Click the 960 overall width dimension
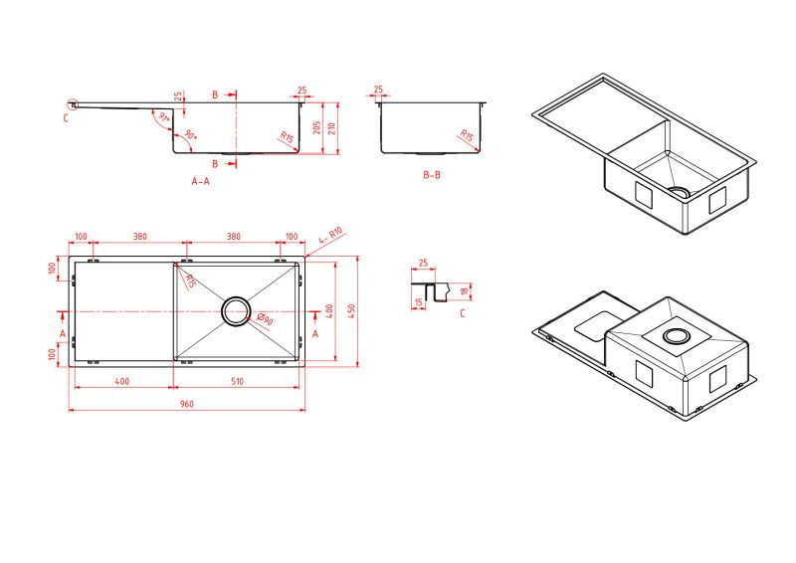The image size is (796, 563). pyautogui.click(x=187, y=404)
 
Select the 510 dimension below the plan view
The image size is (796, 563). pyautogui.click(x=237, y=381)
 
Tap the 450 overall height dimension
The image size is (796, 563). pyautogui.click(x=352, y=311)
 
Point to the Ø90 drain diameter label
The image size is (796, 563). pyautogui.click(x=265, y=319)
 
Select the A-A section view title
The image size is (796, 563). pyautogui.click(x=201, y=181)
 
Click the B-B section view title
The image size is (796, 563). pyautogui.click(x=432, y=175)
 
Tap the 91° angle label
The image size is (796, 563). pyautogui.click(x=164, y=117)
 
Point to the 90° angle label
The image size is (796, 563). pyautogui.click(x=191, y=135)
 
